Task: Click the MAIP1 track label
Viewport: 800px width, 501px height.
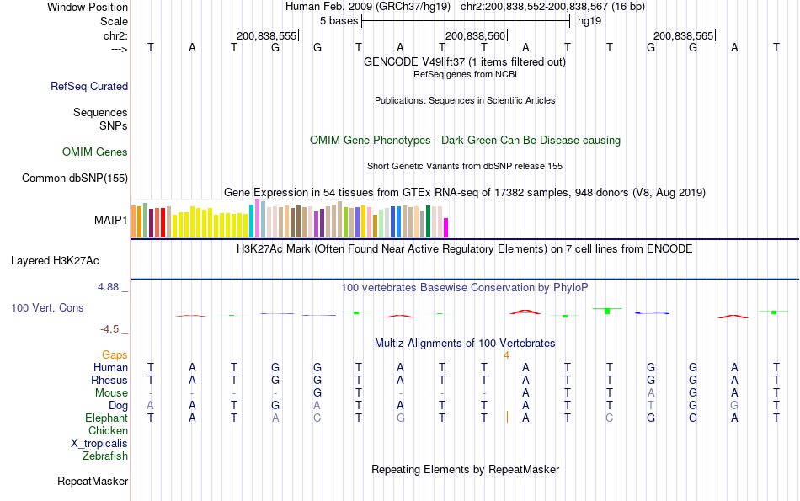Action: pyautogui.click(x=110, y=221)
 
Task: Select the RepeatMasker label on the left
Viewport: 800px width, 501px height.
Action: pyautogui.click(x=93, y=482)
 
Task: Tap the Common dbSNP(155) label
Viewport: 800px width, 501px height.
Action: pyautogui.click(x=75, y=178)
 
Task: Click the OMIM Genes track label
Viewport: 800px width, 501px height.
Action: pyautogui.click(x=95, y=152)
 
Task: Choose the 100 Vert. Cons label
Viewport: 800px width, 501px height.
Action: pyautogui.click(x=47, y=308)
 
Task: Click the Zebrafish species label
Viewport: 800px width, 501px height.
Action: pyautogui.click(x=105, y=456)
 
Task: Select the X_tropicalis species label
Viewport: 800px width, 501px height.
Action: pyautogui.click(x=99, y=443)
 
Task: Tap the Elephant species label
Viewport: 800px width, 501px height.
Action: pyautogui.click(x=106, y=418)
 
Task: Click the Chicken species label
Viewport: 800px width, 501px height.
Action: pyautogui.click(x=108, y=431)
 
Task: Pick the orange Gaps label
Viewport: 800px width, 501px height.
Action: pyautogui.click(x=115, y=355)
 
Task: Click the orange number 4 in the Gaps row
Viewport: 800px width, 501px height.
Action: pyautogui.click(x=506, y=355)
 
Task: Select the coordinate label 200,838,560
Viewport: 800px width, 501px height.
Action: pyautogui.click(x=475, y=35)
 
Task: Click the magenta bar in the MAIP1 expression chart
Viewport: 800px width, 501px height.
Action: pyautogui.click(x=446, y=227)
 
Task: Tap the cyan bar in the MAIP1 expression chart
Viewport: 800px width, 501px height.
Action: pyautogui.click(x=251, y=221)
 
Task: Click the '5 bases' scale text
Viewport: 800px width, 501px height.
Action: pyautogui.click(x=339, y=21)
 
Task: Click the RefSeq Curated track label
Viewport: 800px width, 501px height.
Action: pyautogui.click(x=89, y=86)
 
